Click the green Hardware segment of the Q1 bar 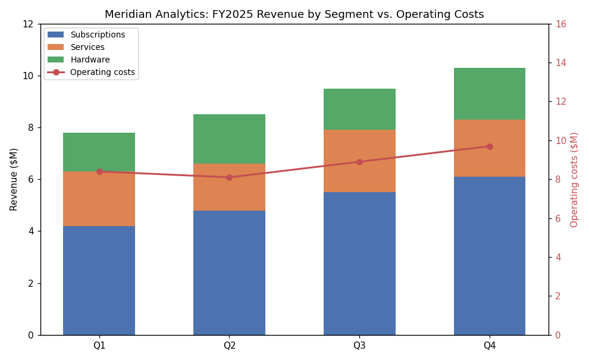99,152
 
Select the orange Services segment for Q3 359,161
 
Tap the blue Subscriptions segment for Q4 490,256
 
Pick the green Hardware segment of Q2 229,139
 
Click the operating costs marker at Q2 229,177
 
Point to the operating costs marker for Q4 490,146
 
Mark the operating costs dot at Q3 359,162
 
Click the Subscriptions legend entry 86,35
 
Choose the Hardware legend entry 79,60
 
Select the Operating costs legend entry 91,72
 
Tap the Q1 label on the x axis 99,345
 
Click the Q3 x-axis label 359,345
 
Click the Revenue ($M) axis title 14,180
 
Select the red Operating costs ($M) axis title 574,180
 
